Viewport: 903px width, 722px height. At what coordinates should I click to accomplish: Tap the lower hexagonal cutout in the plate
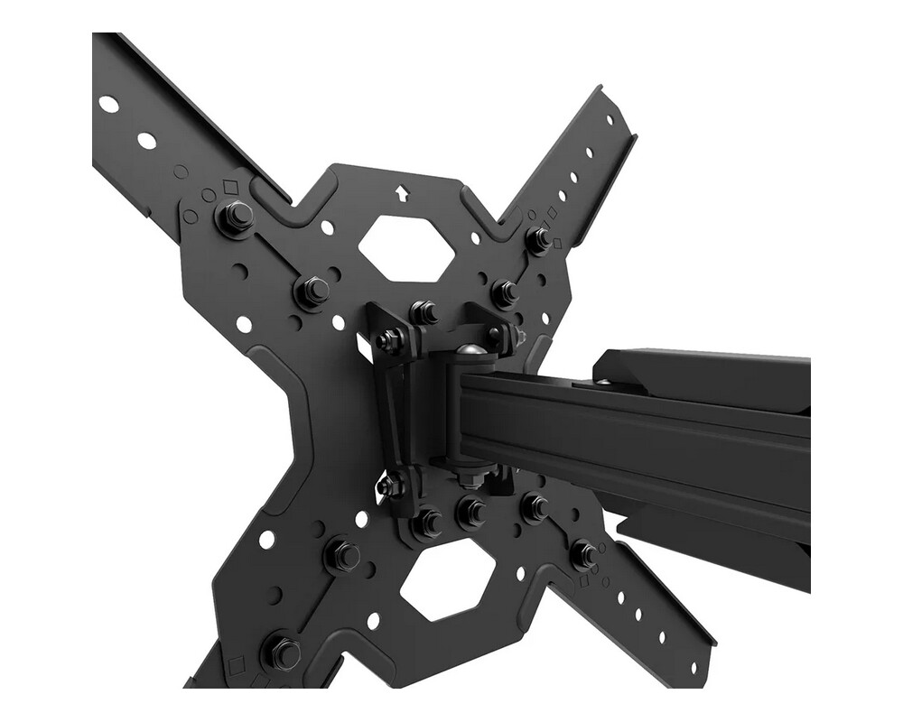(448, 585)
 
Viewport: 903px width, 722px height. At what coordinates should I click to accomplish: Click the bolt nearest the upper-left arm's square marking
(235, 218)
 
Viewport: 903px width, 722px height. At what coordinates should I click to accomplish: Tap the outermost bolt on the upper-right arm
(538, 239)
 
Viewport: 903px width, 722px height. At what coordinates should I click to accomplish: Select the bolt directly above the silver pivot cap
(424, 312)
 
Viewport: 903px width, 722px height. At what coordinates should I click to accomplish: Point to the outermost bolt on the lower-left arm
(281, 651)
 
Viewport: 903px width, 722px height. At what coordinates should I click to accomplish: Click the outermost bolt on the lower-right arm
(583, 552)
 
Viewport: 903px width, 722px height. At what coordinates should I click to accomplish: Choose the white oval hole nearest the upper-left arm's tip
(108, 104)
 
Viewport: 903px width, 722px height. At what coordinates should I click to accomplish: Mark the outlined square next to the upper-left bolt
(229, 187)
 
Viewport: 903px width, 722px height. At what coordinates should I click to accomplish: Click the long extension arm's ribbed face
(632, 442)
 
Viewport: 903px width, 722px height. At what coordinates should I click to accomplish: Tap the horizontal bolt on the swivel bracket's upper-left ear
(390, 340)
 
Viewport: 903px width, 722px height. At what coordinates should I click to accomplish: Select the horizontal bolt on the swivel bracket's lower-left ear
(390, 486)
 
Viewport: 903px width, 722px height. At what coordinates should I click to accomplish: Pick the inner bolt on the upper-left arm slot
(312, 291)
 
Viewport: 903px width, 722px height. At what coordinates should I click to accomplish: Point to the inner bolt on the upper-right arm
(505, 292)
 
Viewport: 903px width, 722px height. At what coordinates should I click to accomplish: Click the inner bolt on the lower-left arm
(342, 555)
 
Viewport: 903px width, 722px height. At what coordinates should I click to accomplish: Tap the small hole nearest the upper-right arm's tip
(610, 119)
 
